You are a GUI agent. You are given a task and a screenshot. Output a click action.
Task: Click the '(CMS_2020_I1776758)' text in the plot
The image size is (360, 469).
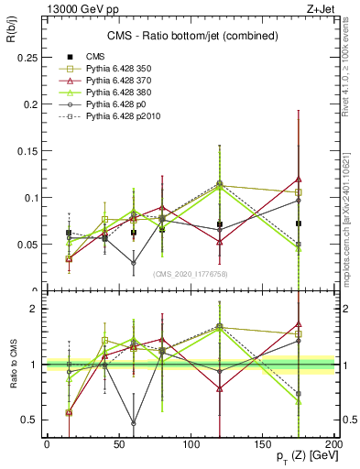tap(190, 274)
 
